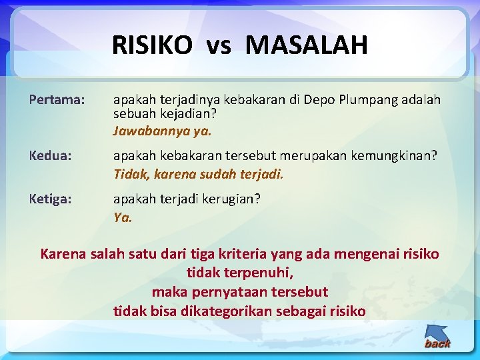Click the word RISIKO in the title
coord(151,45)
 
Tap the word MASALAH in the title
coord(306,45)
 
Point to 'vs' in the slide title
coord(218,46)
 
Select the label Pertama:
coord(57,100)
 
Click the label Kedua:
coord(52,155)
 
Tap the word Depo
coord(319,100)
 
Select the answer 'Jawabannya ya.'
coord(162,131)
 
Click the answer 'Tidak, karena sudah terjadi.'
coord(199,175)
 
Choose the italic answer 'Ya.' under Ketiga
coord(123,217)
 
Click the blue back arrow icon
coord(437,336)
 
